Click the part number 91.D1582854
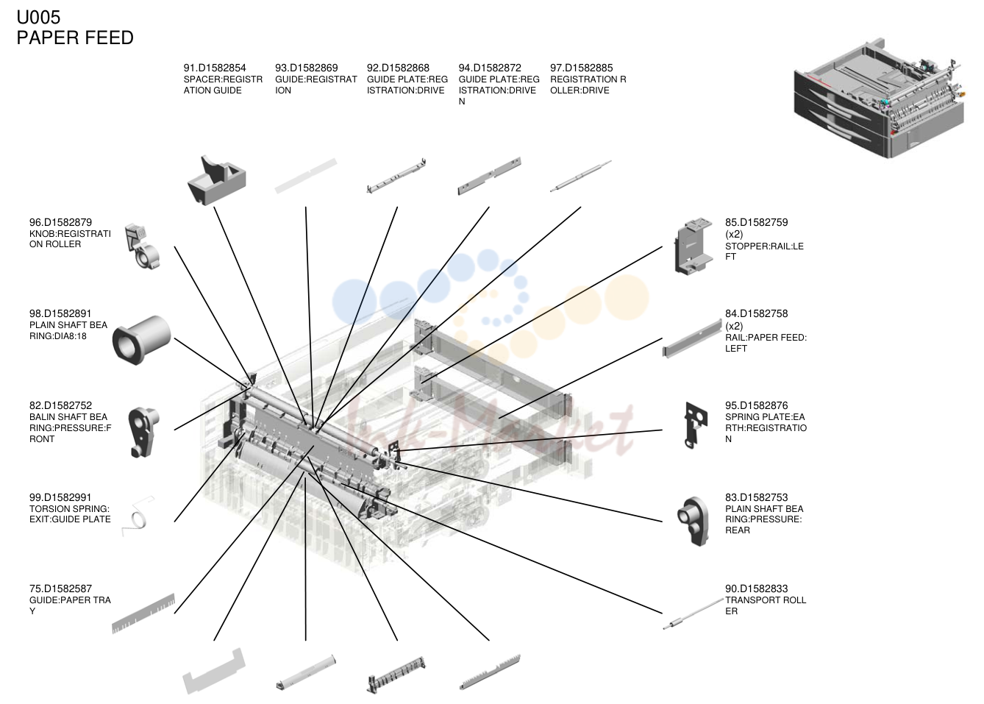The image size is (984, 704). point(214,68)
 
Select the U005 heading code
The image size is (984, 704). point(38,18)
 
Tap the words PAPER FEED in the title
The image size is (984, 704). point(75,38)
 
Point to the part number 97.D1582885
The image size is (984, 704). point(581,68)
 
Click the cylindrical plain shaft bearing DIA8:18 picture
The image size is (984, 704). point(141,339)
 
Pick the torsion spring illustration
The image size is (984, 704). point(138,516)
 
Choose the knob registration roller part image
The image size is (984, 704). point(142,246)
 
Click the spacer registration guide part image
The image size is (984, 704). point(217,179)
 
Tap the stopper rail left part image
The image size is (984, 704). point(694,246)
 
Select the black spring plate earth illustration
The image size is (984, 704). point(696,425)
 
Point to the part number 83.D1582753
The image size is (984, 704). point(756,497)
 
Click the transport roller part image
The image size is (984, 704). point(693,614)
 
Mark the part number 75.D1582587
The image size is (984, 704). point(60,589)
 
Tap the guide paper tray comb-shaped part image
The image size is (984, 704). point(143,614)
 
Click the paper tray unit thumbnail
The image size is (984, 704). point(879,98)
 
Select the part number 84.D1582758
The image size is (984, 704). point(756,314)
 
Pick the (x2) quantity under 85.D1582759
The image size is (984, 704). point(734,234)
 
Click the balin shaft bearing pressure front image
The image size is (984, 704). point(143,432)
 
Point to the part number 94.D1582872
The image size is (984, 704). point(489,68)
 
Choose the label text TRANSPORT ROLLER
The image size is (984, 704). point(766,605)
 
